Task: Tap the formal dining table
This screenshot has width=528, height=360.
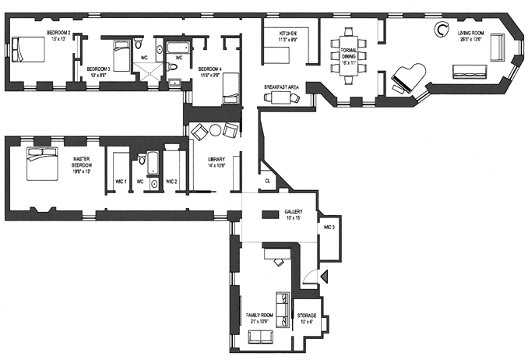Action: pos(350,55)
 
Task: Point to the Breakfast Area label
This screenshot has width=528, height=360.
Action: pos(281,87)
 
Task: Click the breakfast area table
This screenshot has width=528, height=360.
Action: pos(280,97)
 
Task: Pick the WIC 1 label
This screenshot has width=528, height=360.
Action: pos(119,182)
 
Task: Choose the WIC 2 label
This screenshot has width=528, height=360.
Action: pos(171,182)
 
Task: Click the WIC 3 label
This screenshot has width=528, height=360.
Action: pos(329,227)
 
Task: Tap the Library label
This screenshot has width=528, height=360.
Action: pos(216,162)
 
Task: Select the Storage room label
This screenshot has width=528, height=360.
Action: pos(308,318)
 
